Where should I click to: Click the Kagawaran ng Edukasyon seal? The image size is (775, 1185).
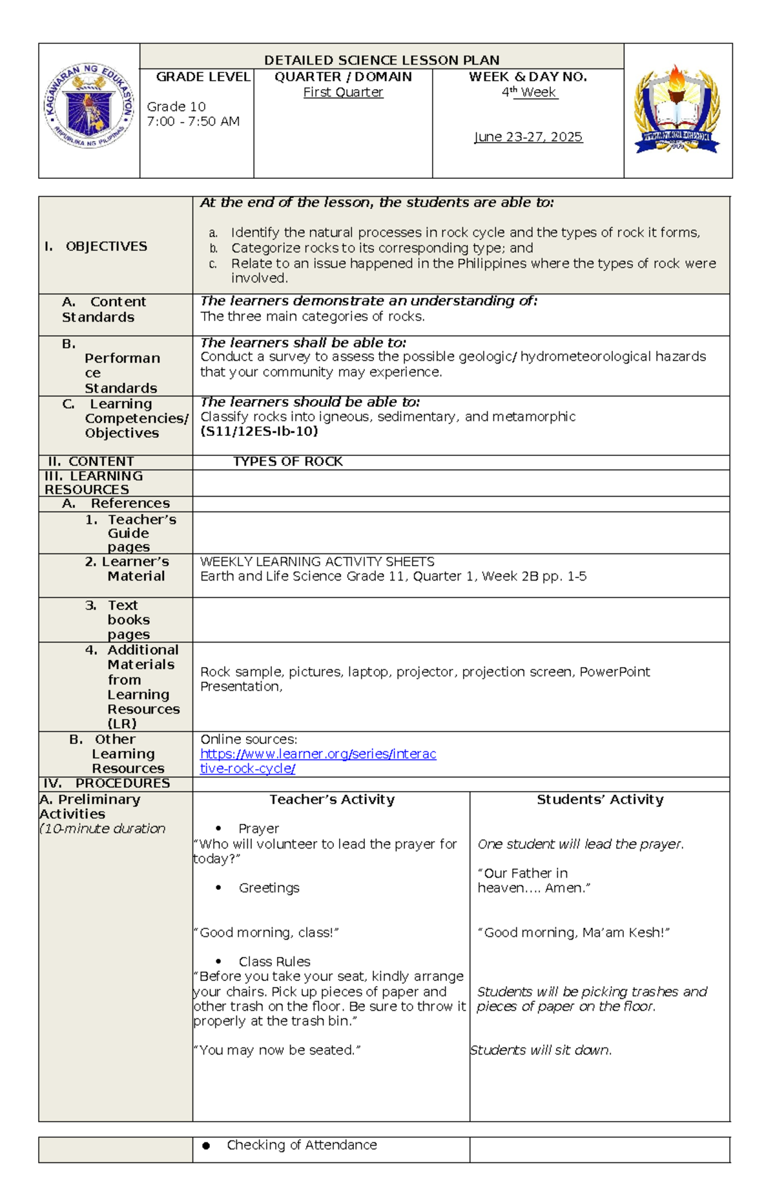(89, 107)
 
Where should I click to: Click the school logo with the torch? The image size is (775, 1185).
(677, 110)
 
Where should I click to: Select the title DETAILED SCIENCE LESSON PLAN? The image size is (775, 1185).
(382, 60)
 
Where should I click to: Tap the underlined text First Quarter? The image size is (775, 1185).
(343, 92)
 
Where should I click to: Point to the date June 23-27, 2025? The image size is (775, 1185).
(528, 137)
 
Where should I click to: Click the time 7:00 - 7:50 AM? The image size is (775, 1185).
(193, 121)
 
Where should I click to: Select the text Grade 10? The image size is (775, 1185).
(176, 107)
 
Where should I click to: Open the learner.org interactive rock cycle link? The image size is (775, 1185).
(318, 754)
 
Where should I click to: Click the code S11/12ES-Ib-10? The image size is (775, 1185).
(259, 431)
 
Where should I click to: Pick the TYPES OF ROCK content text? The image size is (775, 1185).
(287, 462)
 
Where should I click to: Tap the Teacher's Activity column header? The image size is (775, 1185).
(331, 799)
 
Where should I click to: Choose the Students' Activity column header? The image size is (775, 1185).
(600, 799)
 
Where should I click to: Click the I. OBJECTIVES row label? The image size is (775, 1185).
(96, 246)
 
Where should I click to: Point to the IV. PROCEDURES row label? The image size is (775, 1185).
(107, 783)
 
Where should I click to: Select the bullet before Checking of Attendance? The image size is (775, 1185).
(206, 1146)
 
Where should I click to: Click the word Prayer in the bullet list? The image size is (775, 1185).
(258, 829)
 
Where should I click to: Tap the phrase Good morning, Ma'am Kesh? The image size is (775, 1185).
(573, 933)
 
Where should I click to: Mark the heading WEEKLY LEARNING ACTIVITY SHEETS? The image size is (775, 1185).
(317, 562)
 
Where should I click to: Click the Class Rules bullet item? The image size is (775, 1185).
(274, 962)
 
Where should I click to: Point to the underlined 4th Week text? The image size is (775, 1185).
(529, 92)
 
